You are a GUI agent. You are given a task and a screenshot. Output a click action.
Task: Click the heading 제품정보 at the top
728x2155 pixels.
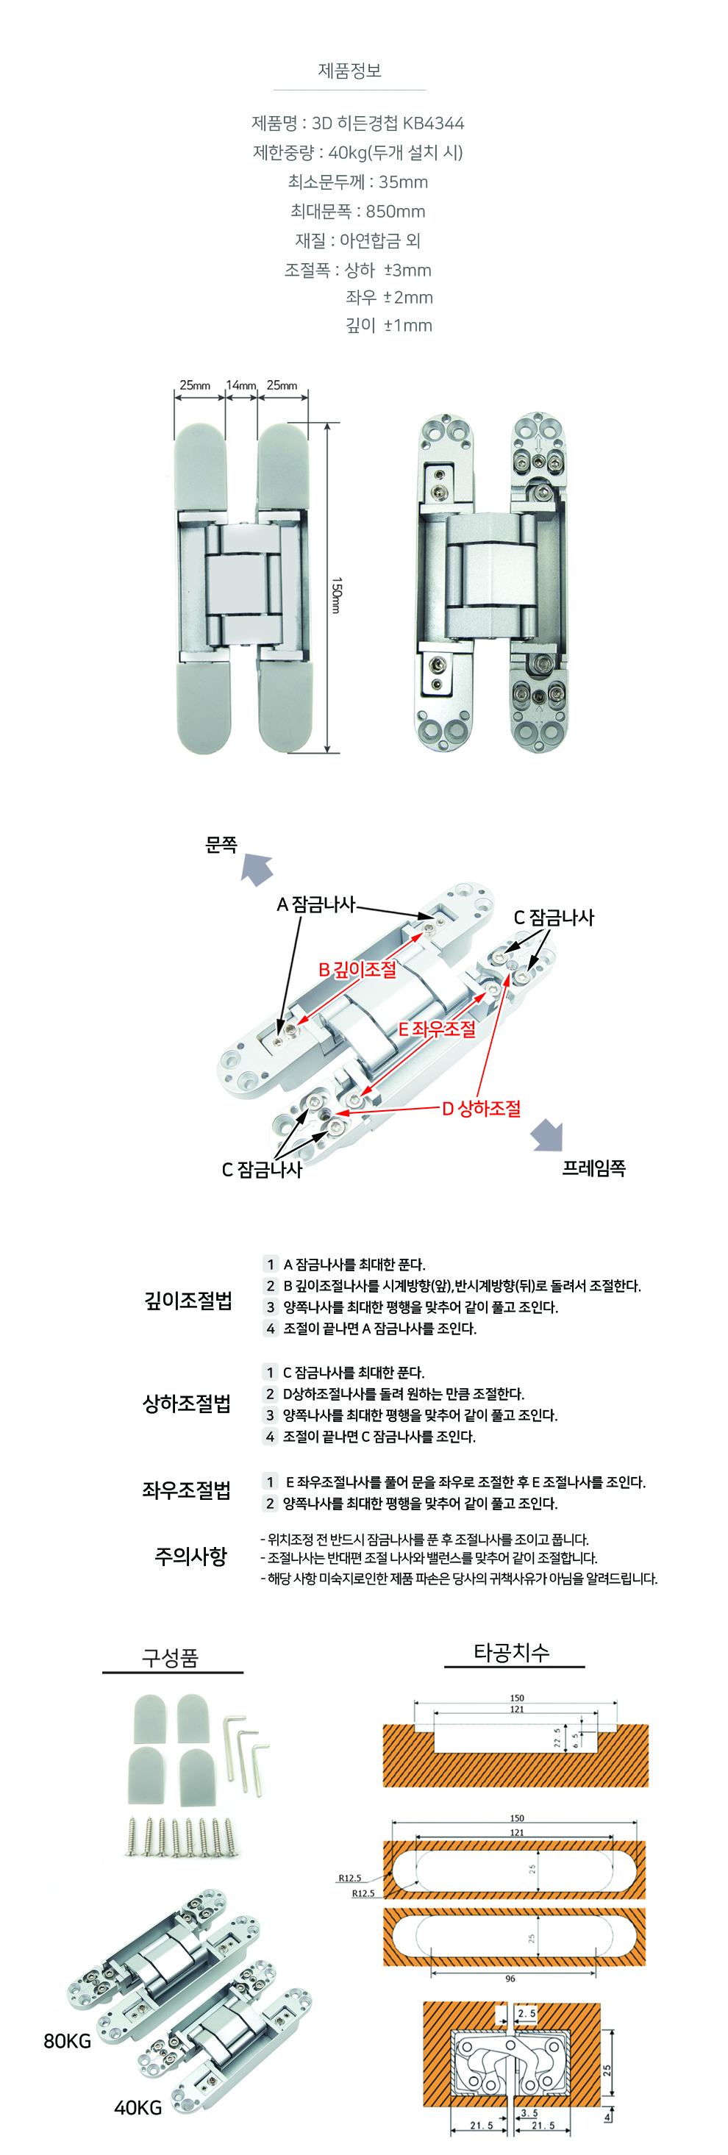pos(349,71)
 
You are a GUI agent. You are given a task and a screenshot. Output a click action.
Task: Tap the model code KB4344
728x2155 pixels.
pos(433,124)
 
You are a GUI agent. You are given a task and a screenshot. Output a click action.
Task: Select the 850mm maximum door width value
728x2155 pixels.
pos(395,212)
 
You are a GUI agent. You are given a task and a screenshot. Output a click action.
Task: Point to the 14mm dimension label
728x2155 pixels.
pos(241,386)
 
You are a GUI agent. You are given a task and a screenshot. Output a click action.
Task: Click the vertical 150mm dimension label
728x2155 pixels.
pos(336,595)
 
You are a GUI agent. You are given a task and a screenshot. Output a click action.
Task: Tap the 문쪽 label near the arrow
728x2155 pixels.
pos(222,845)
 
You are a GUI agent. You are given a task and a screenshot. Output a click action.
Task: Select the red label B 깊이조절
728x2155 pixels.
pos(357,970)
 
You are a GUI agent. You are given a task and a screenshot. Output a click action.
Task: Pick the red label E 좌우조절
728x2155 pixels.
pos(437,1029)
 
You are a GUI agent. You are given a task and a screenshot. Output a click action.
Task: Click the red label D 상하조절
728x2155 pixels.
pos(481,1109)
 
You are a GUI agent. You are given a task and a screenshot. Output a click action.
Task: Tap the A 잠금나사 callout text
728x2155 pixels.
pos(316,904)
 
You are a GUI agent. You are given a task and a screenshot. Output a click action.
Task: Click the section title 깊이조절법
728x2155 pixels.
pos(188,1300)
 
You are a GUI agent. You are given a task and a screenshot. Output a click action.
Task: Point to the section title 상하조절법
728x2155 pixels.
pos(187,1403)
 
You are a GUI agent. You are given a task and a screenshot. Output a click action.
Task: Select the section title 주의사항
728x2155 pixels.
pos(190,1555)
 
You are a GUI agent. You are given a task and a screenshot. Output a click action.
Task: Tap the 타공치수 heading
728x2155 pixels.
pos(512,1653)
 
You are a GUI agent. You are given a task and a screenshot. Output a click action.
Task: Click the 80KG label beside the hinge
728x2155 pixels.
pos(68,2041)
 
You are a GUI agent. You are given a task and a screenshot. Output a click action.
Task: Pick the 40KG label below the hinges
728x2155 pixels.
pos(138,2107)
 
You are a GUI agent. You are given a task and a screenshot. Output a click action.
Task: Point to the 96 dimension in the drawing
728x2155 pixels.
pos(510,1979)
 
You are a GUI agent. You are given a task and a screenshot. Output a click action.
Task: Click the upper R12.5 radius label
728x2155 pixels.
pos(350,1878)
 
